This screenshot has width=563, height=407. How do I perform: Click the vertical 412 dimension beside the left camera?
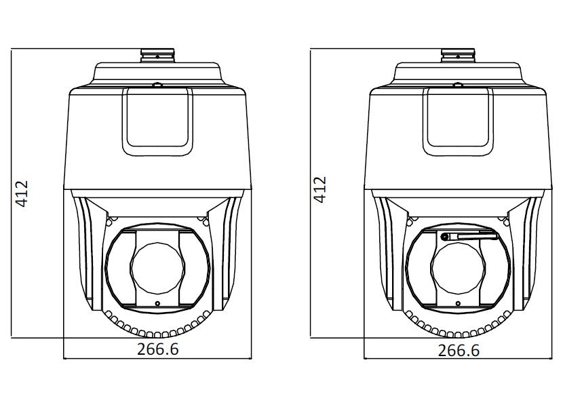point(22,193)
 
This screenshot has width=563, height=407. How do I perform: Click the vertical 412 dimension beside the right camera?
point(321,190)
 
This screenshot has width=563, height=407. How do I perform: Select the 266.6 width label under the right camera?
point(459,350)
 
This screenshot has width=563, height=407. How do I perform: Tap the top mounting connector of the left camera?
point(157,54)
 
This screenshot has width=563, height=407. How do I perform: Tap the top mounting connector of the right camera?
point(458,54)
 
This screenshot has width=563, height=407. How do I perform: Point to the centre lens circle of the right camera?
point(457,266)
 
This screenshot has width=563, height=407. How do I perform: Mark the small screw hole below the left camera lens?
point(157,303)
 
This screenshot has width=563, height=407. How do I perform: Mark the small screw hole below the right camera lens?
point(458,303)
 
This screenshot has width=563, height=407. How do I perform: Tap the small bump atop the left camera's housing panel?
point(157,85)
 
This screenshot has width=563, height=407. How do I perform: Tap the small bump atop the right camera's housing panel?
point(457,85)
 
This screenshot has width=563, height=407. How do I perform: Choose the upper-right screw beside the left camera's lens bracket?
point(206,219)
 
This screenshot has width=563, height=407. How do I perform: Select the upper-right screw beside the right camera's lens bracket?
point(506,219)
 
